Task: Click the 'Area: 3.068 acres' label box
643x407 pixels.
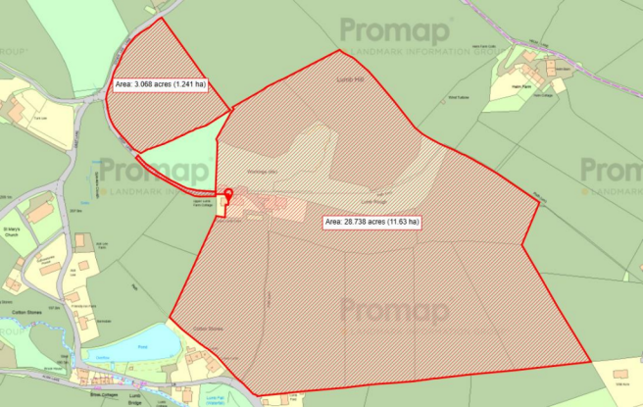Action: tap(161, 85)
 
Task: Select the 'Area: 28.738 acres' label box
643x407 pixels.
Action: tap(372, 223)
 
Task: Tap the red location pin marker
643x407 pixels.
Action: tap(228, 194)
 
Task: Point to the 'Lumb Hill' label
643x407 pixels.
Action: tap(349, 79)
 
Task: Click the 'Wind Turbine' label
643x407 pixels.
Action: tap(461, 97)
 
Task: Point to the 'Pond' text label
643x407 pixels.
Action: tap(141, 346)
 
